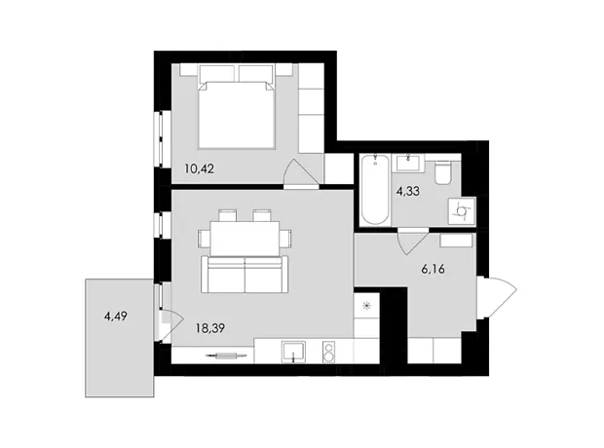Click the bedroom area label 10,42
[x=199, y=168]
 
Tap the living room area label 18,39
[x=210, y=328]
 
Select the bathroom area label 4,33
[x=408, y=191]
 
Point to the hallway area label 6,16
[x=433, y=269]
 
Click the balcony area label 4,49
[x=116, y=317]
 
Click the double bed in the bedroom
[x=236, y=111]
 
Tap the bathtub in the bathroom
[x=376, y=189]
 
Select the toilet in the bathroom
[x=442, y=173]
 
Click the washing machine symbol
[x=461, y=211]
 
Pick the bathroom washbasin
[x=408, y=163]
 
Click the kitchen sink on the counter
[x=293, y=352]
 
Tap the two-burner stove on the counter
[x=328, y=352]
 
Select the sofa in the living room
[x=245, y=274]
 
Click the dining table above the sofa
[x=245, y=239]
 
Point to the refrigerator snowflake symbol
[x=366, y=306]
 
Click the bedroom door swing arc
[x=301, y=171]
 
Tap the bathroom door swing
[x=413, y=242]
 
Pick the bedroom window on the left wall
[x=162, y=139]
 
